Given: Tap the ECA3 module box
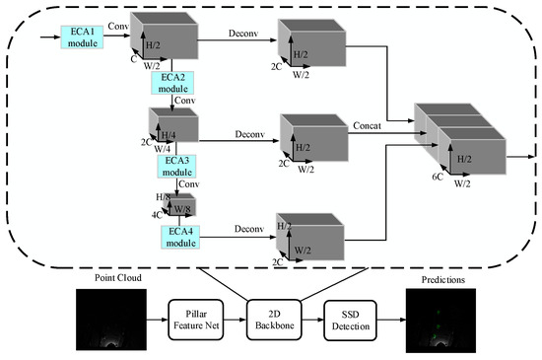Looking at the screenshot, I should click(x=177, y=165).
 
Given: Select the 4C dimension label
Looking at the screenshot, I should click(x=157, y=214).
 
